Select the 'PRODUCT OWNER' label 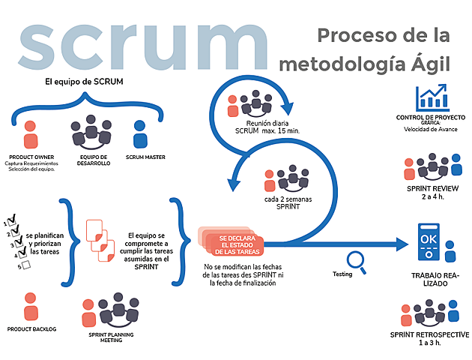pos(30,157)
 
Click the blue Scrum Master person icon pos(139,135)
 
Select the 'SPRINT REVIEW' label pos(432,187)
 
